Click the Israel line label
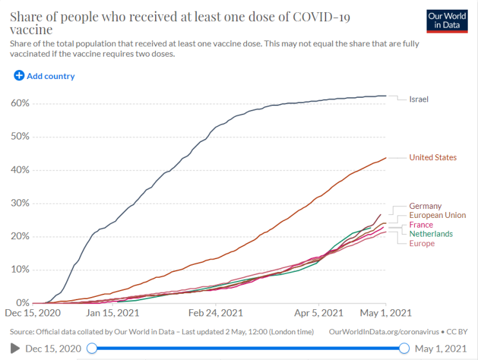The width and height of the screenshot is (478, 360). pos(419,99)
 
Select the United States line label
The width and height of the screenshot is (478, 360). pos(433,157)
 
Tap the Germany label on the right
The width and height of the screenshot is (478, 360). pos(425,206)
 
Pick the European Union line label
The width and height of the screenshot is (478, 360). pos(437,215)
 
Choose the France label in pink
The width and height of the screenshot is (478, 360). pos(421,225)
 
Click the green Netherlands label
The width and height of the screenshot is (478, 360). pos(431,234)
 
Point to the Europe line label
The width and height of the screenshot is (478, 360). pos(422,244)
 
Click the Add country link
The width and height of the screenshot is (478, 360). pos(51,76)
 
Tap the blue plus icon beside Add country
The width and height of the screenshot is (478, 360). pos(19,75)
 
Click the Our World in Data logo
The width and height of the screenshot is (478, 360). pos(447,21)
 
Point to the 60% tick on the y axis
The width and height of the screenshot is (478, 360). pos(20,104)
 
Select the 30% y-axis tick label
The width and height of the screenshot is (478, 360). pos(20,203)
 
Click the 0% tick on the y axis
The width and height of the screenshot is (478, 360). pos(23,303)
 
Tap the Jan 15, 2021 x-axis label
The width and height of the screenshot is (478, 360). pos(113,313)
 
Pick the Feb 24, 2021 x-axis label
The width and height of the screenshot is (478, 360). pos(216,313)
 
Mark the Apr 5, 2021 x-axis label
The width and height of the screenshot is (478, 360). pos(318,313)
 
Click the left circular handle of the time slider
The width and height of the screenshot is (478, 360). pos(92,348)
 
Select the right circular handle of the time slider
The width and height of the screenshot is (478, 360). pos(404,348)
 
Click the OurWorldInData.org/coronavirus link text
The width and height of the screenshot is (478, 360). pos(384,332)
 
